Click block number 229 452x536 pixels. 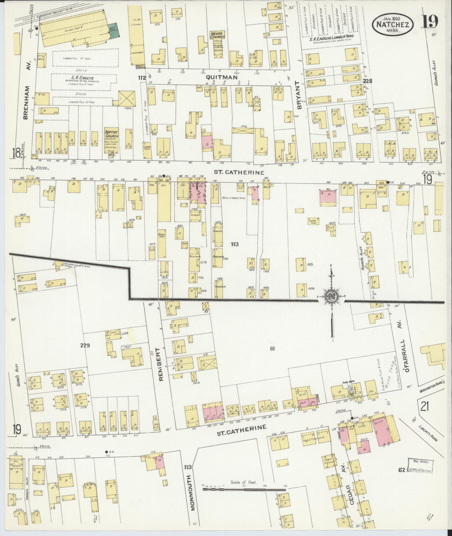click(85, 345)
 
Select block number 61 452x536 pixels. click(272, 349)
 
